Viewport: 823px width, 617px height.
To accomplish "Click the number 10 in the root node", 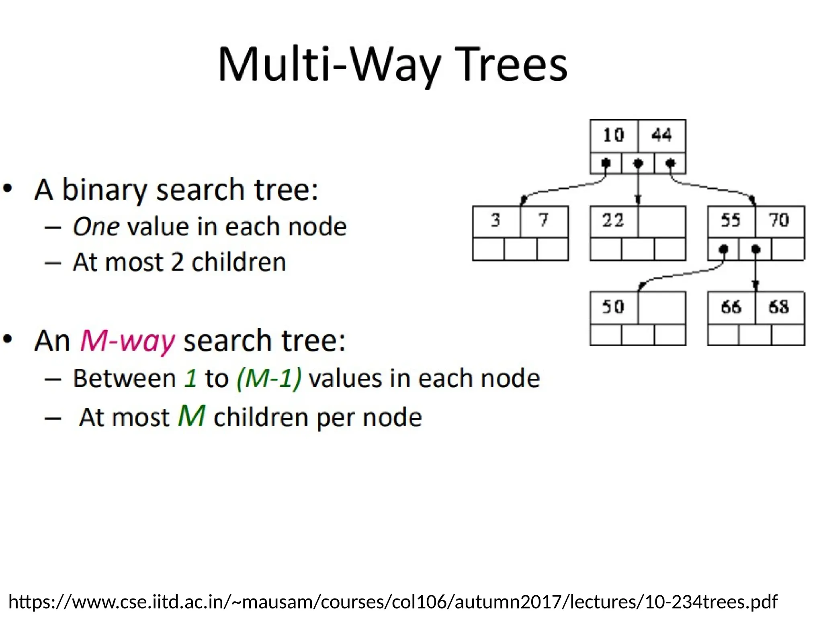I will [x=614, y=135].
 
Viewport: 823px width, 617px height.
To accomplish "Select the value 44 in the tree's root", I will [x=661, y=135].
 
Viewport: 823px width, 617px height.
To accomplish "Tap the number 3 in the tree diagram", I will [x=496, y=221].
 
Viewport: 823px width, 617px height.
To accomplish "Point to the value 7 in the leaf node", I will [x=544, y=221].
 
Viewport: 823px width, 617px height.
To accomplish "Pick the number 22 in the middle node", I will [x=613, y=221].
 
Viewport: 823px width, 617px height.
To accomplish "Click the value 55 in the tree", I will [x=731, y=221].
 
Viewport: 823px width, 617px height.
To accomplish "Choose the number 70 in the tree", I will [x=779, y=221].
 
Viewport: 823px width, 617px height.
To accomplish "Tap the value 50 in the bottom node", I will [x=613, y=307].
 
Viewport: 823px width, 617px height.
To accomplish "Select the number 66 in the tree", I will [x=731, y=307].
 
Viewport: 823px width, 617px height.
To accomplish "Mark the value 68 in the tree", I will [x=779, y=307].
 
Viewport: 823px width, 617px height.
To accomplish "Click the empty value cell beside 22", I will [x=661, y=222].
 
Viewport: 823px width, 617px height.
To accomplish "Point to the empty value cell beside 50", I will [x=661, y=308].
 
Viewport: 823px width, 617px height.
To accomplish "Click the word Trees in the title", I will [x=511, y=65].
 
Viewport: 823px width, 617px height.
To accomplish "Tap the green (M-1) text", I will [x=269, y=378].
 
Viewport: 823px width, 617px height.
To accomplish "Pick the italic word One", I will [x=96, y=227].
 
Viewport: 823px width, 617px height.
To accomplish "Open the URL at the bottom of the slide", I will [x=393, y=602].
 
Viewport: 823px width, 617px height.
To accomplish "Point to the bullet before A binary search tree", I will [x=8, y=188].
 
